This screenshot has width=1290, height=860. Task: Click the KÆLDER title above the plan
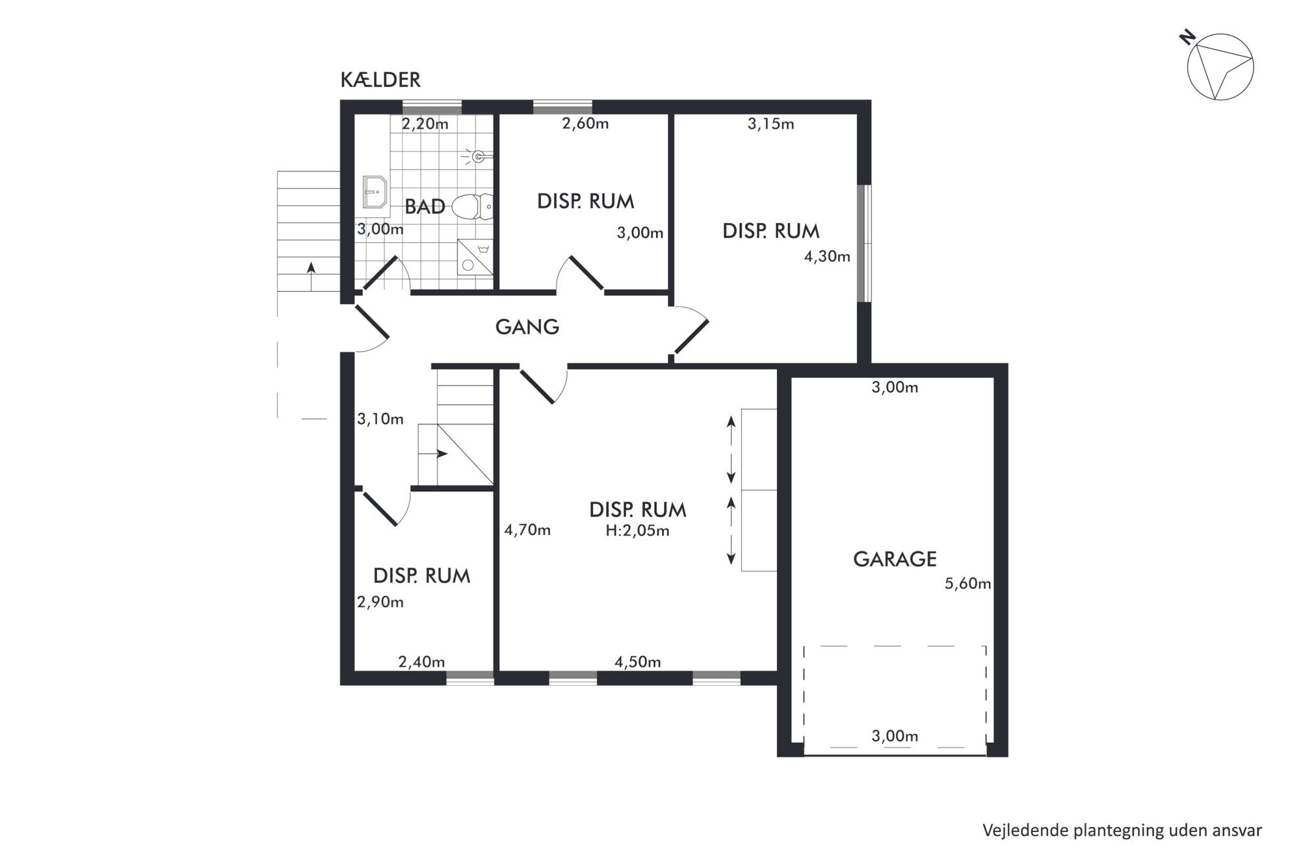click(380, 80)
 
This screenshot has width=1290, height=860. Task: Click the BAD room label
click(425, 207)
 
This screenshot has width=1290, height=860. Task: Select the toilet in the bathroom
click(473, 207)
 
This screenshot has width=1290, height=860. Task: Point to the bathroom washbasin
click(375, 192)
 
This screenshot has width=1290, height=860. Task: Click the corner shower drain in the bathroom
click(467, 265)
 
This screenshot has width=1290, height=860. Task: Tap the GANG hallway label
click(527, 326)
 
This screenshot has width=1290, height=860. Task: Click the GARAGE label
click(895, 559)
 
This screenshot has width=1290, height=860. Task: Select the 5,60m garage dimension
click(967, 584)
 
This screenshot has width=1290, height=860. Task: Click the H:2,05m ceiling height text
click(637, 531)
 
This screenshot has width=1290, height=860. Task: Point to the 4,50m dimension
click(638, 662)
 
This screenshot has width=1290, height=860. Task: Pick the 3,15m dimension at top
click(770, 124)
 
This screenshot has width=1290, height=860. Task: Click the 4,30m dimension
click(827, 257)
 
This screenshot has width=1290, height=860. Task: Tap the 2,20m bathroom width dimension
click(425, 124)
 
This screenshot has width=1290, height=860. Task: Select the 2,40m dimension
click(421, 662)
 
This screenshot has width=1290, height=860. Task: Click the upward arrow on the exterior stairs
click(311, 276)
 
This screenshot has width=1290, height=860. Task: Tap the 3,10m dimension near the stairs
click(380, 419)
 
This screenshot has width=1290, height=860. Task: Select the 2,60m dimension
click(585, 124)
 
